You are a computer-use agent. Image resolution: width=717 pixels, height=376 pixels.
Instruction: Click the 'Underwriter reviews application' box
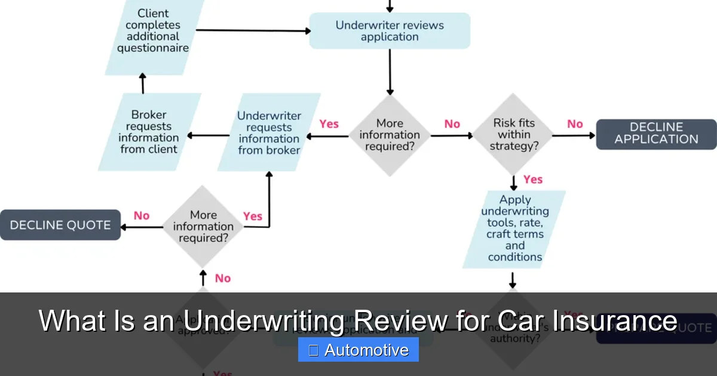coord(390,31)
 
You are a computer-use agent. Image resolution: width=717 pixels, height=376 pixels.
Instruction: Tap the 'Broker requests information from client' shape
coord(149,132)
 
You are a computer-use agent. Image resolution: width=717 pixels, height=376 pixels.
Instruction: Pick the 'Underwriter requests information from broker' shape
coord(269,132)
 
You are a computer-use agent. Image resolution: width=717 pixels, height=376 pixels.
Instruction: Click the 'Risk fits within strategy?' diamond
coord(513,135)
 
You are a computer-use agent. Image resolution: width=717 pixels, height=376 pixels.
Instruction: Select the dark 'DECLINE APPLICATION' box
coord(656,134)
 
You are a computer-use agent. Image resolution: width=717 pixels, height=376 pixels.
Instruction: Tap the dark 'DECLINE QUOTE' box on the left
coord(60,225)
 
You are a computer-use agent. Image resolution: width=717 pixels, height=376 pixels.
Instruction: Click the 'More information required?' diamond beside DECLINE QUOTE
coord(203,226)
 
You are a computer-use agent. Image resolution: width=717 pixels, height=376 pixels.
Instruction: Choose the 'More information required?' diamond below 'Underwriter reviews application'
coord(390,135)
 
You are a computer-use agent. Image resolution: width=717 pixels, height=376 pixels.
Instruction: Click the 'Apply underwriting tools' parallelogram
coord(514,229)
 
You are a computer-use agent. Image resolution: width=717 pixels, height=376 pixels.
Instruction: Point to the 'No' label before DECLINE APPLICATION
coord(575,124)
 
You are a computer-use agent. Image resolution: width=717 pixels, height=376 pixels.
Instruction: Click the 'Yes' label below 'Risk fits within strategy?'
coord(532,180)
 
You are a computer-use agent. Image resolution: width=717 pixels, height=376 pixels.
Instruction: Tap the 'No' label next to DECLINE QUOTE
coord(142,215)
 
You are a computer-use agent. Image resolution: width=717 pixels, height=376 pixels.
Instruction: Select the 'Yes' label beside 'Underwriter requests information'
coord(329,124)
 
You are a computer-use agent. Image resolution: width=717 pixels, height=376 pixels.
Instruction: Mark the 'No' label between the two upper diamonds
coord(452,124)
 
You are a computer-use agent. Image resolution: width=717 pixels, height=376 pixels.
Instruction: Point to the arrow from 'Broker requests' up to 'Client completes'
coord(142,84)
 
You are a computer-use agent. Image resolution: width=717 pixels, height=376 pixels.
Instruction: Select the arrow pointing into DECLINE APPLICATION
coord(574,135)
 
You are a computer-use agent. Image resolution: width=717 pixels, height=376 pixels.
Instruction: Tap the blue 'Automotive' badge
coord(358,350)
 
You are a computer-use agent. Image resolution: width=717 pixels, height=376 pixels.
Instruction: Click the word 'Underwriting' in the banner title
coord(263,321)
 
